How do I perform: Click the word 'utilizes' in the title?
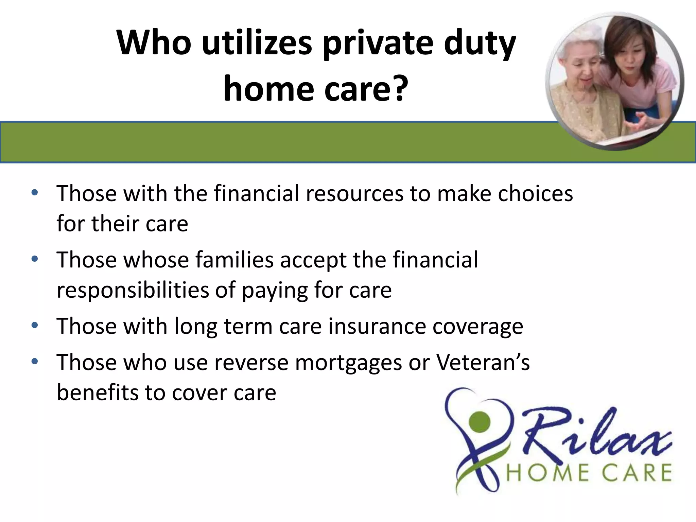(x=257, y=43)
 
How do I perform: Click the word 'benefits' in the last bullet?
(x=98, y=393)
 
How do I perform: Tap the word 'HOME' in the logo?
(x=547, y=473)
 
